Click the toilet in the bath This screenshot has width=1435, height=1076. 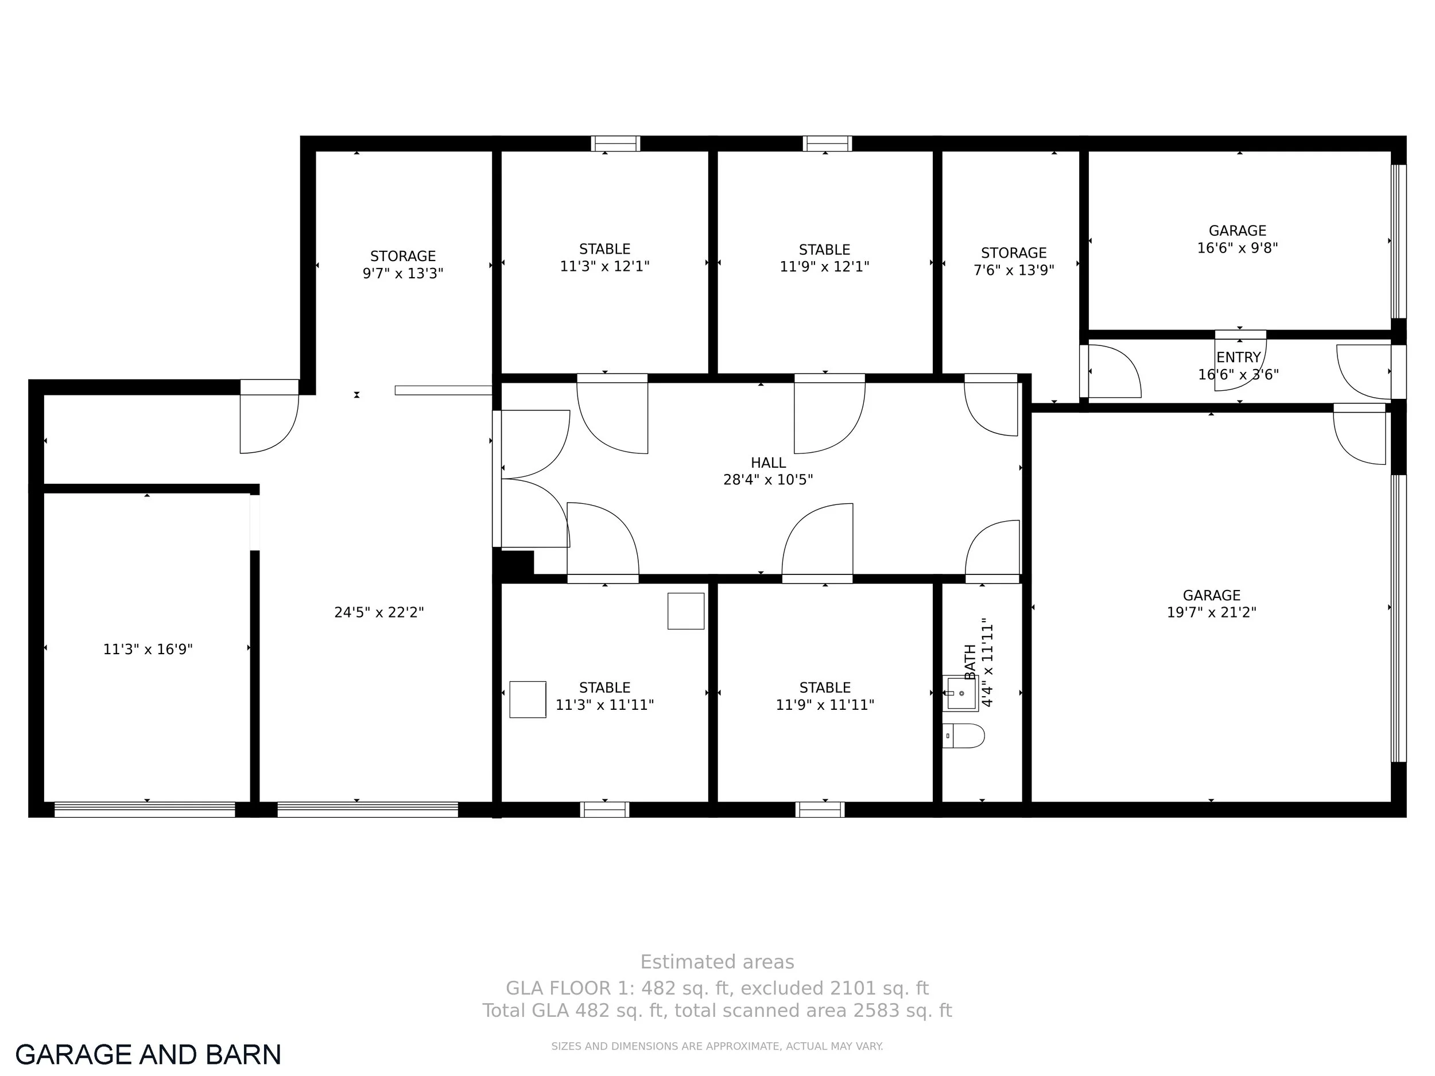(x=963, y=736)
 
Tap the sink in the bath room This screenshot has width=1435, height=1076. (x=961, y=693)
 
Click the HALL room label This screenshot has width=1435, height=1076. (x=768, y=463)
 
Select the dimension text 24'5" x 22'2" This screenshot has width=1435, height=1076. (x=379, y=612)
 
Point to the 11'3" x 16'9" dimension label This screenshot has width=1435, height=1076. (x=148, y=649)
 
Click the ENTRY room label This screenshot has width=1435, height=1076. (x=1239, y=358)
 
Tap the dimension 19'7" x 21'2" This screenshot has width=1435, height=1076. (x=1212, y=612)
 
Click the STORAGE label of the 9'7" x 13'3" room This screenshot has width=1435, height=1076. (x=403, y=256)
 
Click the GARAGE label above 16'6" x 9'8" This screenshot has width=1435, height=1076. (x=1238, y=231)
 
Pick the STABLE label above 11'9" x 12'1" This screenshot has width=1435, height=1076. (x=824, y=250)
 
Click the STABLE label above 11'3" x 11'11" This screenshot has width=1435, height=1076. (x=604, y=687)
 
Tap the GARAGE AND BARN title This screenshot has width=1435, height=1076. (x=148, y=1055)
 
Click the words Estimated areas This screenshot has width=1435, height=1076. (x=717, y=962)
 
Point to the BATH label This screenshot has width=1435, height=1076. (x=971, y=662)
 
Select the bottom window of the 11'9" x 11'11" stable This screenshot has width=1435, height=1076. (x=820, y=809)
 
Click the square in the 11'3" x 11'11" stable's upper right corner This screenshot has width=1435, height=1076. (x=687, y=611)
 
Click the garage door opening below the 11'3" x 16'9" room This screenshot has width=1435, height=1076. (x=145, y=809)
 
